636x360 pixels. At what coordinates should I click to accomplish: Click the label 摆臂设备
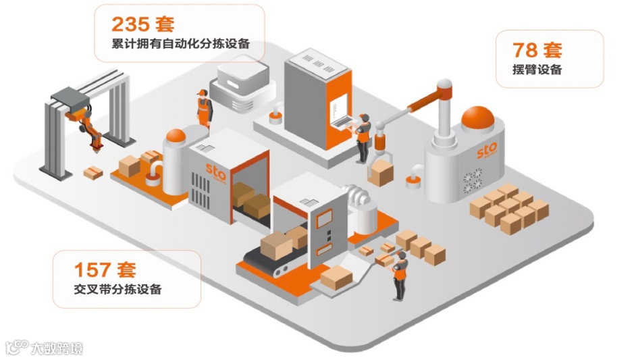[537, 70]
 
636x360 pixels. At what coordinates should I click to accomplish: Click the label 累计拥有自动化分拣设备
[180, 45]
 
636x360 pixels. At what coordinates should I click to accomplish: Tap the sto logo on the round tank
[486, 149]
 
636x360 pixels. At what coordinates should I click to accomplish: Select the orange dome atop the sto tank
[479, 118]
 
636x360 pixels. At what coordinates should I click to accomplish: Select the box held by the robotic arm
[381, 172]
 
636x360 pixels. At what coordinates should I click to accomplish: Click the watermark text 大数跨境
[57, 349]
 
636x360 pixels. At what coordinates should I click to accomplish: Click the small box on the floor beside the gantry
[93, 173]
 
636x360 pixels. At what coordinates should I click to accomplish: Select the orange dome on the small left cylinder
[176, 135]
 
